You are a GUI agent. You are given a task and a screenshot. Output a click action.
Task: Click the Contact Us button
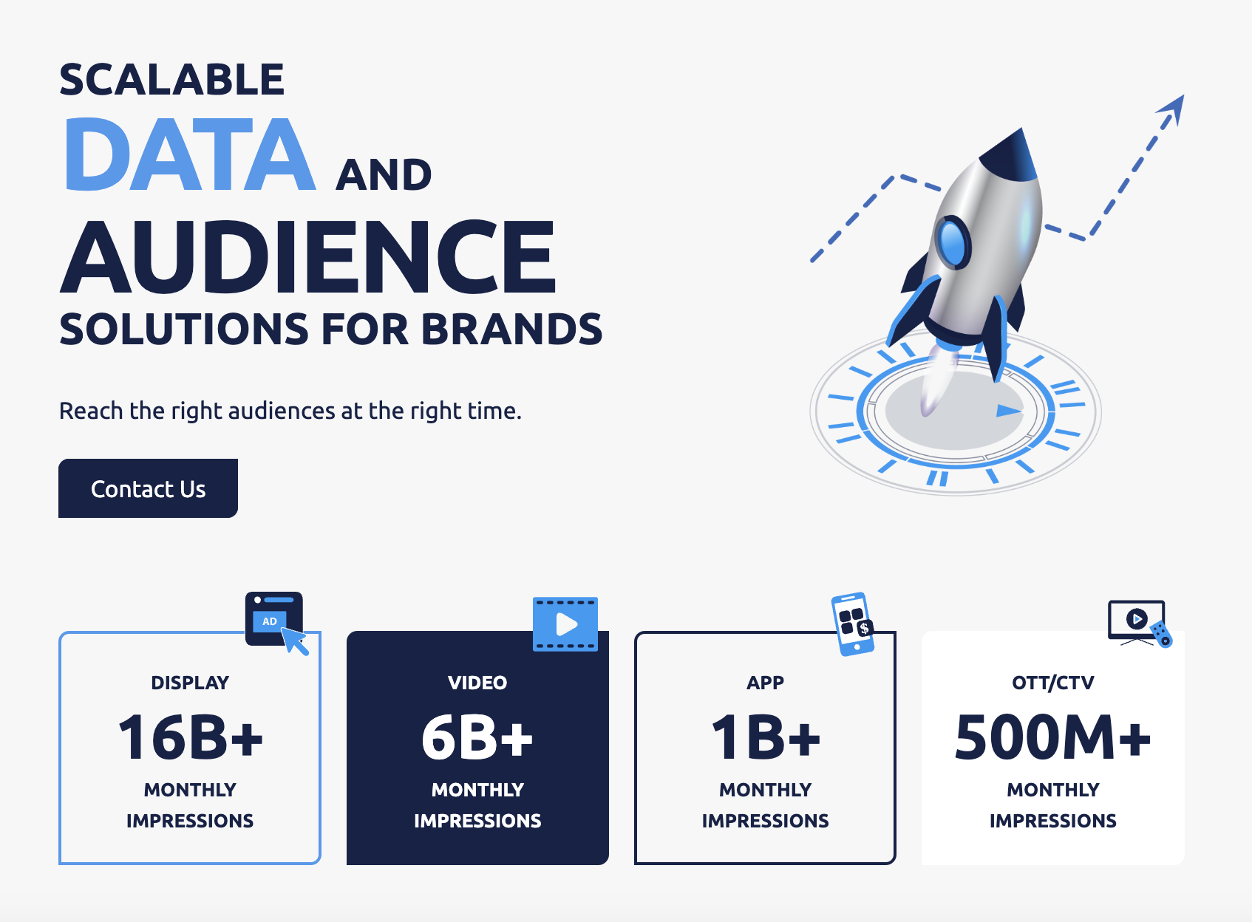tap(148, 488)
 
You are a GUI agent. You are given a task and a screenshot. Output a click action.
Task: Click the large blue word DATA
tap(190, 154)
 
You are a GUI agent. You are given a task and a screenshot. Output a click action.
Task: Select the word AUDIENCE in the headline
tap(308, 256)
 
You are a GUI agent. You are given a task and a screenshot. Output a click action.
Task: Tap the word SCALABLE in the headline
tap(171, 79)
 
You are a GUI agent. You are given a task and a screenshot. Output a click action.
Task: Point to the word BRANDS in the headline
tap(511, 329)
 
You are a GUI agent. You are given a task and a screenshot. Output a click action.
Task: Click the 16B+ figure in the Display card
tap(190, 737)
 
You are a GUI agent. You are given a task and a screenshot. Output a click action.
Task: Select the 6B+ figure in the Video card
tap(477, 737)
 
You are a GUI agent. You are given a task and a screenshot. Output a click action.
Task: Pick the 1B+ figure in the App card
tap(765, 737)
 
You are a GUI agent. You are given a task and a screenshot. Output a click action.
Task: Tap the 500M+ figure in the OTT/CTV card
tap(1053, 737)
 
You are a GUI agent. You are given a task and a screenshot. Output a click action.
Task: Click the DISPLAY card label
tap(190, 683)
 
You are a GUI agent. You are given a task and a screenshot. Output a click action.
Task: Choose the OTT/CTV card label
tap(1053, 683)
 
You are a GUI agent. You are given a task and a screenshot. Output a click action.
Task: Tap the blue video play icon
tap(565, 624)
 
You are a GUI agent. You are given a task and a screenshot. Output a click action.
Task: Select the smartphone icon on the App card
tap(853, 624)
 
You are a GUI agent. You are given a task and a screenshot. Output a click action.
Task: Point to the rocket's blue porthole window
tap(953, 242)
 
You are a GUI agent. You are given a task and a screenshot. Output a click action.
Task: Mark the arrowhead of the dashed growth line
tap(1173, 108)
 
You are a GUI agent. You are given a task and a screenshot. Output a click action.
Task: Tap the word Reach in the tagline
tap(91, 411)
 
